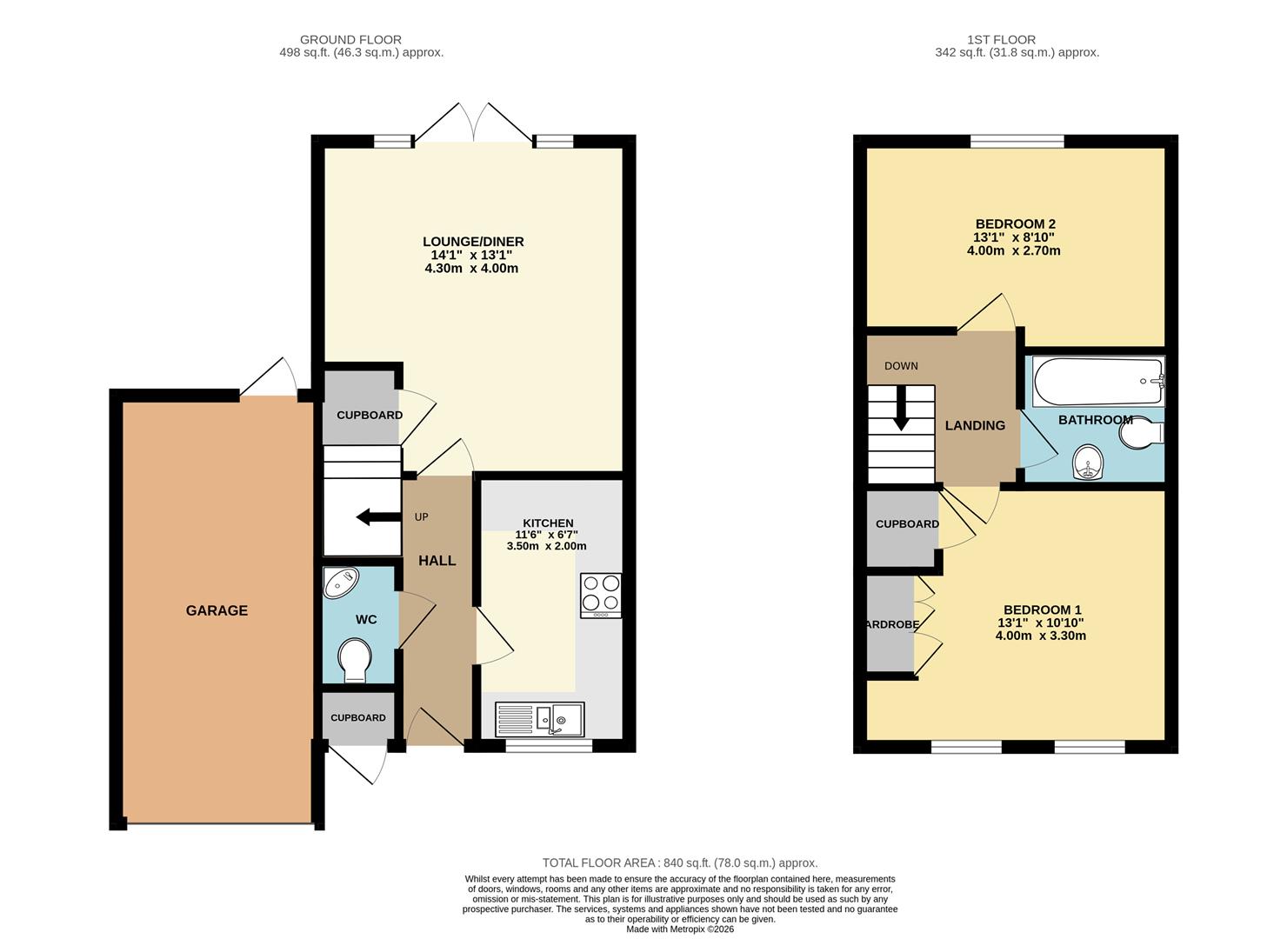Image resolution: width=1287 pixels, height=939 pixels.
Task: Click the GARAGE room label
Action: (217, 610)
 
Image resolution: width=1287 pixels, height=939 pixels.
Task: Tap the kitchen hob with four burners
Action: (601, 595)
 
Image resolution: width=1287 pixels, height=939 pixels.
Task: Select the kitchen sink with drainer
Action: (540, 719)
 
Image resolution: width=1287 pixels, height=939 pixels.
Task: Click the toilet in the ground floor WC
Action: (355, 660)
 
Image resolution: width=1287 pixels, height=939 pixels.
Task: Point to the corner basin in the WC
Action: (339, 583)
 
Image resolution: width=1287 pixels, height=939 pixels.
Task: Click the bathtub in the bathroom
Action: (1097, 382)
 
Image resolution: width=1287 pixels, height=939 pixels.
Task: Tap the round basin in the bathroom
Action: (1088, 463)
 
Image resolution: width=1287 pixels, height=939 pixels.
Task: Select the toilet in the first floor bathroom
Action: (1141, 433)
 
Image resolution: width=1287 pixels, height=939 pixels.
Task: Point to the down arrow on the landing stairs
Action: (901, 408)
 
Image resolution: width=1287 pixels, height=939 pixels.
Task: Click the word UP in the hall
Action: (422, 517)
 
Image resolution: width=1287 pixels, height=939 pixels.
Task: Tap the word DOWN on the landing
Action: (901, 366)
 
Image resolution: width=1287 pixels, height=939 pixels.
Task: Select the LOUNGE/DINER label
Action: (473, 242)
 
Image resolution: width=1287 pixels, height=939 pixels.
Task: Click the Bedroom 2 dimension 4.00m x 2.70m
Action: (1013, 250)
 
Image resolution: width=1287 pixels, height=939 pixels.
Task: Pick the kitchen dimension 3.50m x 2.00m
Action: (546, 546)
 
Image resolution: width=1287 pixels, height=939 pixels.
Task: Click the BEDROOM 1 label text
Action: (1042, 609)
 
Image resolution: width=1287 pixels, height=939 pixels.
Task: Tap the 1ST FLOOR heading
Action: (1001, 39)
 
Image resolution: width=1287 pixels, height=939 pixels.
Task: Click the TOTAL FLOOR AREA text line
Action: (680, 863)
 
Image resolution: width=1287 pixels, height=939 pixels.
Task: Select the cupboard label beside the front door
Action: (358, 717)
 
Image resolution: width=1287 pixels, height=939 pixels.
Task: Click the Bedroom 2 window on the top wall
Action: (1017, 141)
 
